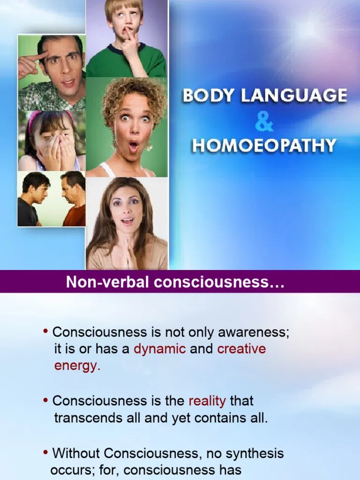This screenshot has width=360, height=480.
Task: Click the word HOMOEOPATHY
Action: coord(264,145)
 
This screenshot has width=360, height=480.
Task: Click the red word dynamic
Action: coord(160,349)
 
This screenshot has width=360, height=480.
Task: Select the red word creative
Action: coord(241,349)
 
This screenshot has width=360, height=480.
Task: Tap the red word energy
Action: coord(77,366)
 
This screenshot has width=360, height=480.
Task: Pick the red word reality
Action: coord(207,401)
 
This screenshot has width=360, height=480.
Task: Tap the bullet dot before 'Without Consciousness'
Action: coord(45,453)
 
